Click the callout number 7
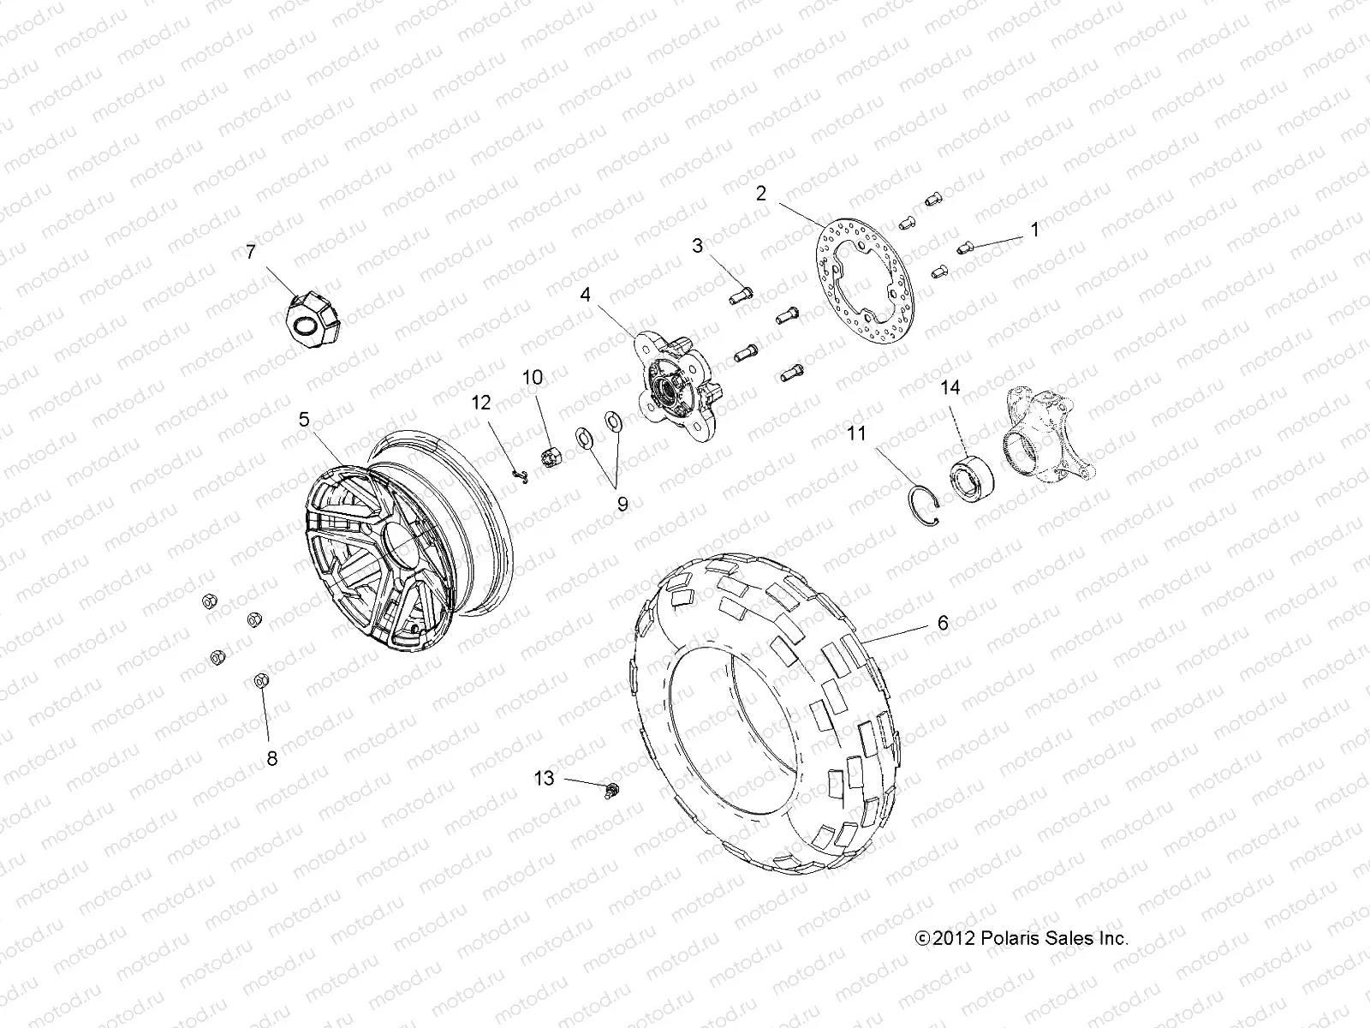click(250, 252)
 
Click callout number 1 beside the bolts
click(1034, 230)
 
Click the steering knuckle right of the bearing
click(1050, 433)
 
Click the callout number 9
click(622, 504)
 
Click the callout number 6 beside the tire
click(942, 623)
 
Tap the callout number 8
click(272, 758)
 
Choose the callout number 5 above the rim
click(303, 419)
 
